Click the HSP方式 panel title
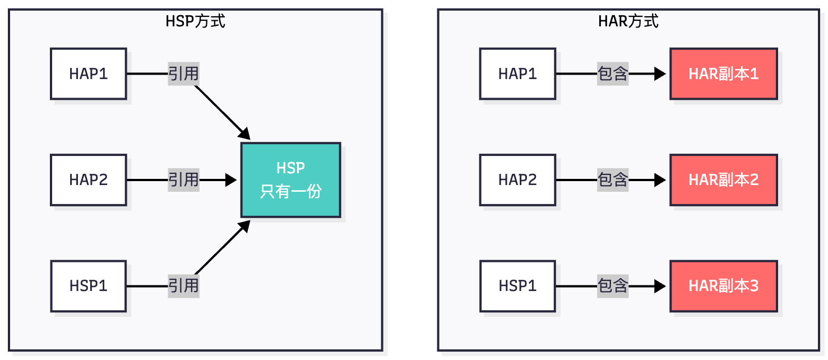pos(195,21)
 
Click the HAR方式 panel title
pos(628,21)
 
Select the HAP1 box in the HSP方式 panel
pos(89,73)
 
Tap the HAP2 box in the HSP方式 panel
pos(89,180)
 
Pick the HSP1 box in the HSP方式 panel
pos(89,286)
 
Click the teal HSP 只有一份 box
pos(290,180)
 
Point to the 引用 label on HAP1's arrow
pos(183,73)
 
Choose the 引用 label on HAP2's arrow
pos(183,180)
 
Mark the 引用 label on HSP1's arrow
pos(183,286)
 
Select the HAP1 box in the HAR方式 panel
pos(517,73)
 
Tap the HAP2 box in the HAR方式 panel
pos(517,180)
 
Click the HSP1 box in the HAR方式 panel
pos(517,286)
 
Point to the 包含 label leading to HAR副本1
pos(613,73)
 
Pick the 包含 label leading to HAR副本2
pos(613,180)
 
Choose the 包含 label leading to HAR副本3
pos(613,286)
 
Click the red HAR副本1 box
pos(723,73)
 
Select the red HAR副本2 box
pos(723,180)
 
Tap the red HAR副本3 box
pos(723,286)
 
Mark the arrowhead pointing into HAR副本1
pos(660,73)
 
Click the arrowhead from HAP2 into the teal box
pos(231,180)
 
